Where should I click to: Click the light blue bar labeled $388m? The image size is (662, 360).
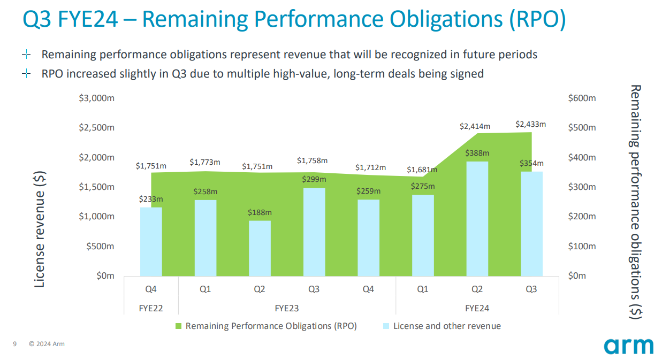pyautogui.click(x=477, y=218)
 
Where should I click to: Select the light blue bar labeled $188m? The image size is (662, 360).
pyautogui.click(x=260, y=248)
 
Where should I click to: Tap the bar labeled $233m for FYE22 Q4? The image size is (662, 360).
pyautogui.click(x=151, y=241)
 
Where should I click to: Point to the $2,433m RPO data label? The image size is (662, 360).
pyautogui.click(x=530, y=124)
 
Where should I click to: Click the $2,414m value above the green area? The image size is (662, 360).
pyautogui.click(x=475, y=126)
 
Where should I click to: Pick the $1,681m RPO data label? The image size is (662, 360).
pyautogui.click(x=422, y=170)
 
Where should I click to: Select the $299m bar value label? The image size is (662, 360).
pyautogui.click(x=314, y=179)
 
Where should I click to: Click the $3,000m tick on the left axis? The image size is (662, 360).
pyautogui.click(x=97, y=98)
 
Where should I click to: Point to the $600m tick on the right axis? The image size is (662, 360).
pyautogui.click(x=581, y=98)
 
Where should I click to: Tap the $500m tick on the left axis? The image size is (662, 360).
pyautogui.click(x=100, y=246)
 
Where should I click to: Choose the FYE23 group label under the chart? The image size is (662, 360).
pyautogui.click(x=287, y=308)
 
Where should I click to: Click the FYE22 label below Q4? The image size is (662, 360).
pyautogui.click(x=151, y=308)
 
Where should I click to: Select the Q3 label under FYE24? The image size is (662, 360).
pyautogui.click(x=531, y=289)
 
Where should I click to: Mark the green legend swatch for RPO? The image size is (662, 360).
pyautogui.click(x=178, y=326)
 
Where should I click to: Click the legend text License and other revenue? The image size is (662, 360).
pyautogui.click(x=447, y=326)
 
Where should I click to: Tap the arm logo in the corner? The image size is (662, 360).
pyautogui.click(x=628, y=346)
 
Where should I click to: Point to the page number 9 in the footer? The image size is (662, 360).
pyautogui.click(x=15, y=344)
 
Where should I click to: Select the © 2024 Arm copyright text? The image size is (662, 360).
pyautogui.click(x=47, y=344)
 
